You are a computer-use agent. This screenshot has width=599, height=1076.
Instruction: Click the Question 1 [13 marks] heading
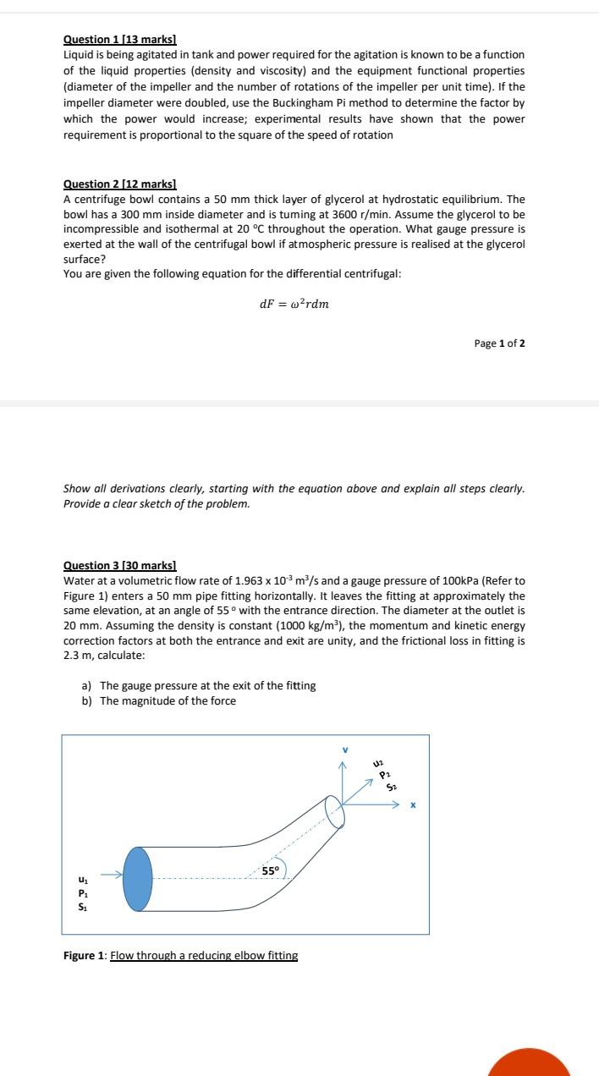click(x=120, y=40)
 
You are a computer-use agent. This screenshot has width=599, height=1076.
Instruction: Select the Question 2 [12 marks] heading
click(x=120, y=184)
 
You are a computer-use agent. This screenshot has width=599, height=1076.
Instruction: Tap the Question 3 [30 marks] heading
click(x=120, y=565)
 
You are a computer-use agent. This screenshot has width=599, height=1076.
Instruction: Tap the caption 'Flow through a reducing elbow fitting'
click(x=204, y=956)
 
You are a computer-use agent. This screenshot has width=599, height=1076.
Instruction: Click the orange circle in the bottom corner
click(x=530, y=1062)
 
